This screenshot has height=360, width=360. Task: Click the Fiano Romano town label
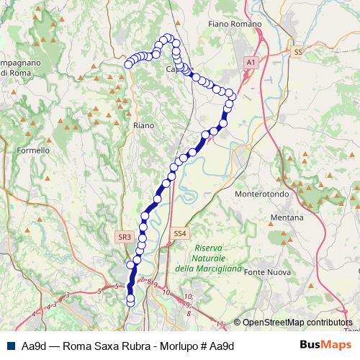(x=233, y=24)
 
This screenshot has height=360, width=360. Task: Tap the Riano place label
(x=144, y=125)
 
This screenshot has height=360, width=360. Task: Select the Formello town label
(x=33, y=151)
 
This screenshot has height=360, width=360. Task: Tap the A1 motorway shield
(x=251, y=63)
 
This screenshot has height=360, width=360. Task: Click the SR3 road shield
(x=124, y=236)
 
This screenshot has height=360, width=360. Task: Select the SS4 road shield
(x=180, y=233)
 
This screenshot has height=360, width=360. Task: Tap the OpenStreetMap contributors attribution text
(x=297, y=323)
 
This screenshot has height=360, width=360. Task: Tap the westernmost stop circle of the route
(x=129, y=65)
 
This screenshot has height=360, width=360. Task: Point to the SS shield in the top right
(x=298, y=53)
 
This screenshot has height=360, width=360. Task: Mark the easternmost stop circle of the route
(x=232, y=96)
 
